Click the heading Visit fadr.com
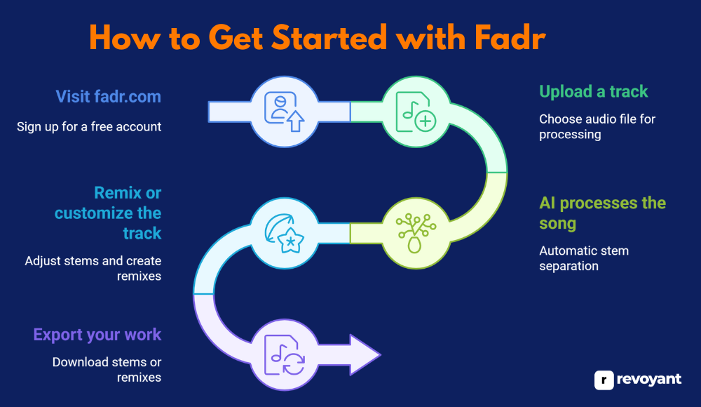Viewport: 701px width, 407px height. click(108, 96)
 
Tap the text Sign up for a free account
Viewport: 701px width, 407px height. click(89, 127)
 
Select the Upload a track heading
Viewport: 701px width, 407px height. click(593, 91)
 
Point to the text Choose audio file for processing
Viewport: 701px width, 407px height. click(597, 126)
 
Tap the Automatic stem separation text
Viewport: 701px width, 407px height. click(583, 258)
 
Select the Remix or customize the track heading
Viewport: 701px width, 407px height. click(109, 213)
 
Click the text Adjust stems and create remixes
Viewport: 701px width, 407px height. click(93, 268)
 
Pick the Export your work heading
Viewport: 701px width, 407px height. click(97, 335)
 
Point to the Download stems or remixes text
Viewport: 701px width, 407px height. click(107, 370)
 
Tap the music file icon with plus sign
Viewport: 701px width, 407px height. click(416, 111)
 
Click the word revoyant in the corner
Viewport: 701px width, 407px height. click(649, 380)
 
